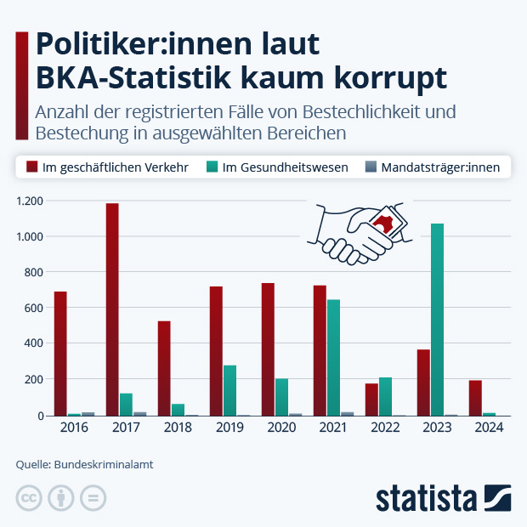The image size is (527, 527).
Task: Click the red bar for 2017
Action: (112, 309)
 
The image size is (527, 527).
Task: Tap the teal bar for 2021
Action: (333, 357)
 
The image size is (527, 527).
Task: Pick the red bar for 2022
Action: (371, 399)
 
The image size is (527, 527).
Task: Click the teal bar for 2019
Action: (229, 390)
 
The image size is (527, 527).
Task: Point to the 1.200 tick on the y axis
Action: (31, 201)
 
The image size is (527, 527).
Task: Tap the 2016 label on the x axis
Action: (74, 428)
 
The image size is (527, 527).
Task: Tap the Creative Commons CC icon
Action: (29, 498)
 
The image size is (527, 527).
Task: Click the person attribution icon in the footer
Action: (61, 498)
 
